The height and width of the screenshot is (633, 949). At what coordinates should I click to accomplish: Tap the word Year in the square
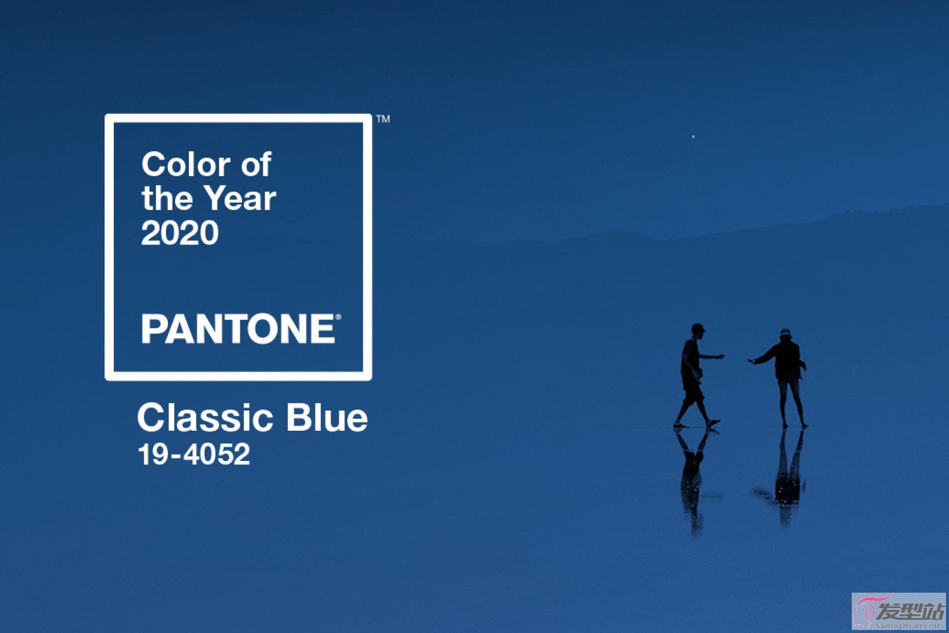[240, 198]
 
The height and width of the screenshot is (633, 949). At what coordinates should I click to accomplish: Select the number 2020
[180, 233]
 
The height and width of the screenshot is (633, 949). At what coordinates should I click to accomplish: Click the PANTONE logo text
[238, 328]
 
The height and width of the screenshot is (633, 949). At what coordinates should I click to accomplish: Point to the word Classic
[205, 418]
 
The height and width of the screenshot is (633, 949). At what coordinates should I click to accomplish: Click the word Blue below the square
[327, 418]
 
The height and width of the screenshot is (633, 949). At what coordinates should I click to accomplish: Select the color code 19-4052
[194, 454]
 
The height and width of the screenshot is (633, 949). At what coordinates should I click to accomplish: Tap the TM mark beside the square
[383, 119]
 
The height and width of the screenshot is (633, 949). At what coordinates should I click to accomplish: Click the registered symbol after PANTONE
[338, 317]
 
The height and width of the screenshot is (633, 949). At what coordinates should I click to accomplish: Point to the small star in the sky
[693, 136]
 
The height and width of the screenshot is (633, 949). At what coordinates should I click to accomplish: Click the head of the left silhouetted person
[698, 330]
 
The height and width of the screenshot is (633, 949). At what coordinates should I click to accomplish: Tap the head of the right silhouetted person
[785, 334]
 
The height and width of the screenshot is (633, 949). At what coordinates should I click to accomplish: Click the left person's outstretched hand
[719, 357]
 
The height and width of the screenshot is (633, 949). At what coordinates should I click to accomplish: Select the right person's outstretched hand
[753, 361]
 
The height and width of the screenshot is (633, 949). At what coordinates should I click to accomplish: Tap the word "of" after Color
[256, 164]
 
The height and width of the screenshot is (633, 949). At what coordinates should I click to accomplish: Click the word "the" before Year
[167, 198]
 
